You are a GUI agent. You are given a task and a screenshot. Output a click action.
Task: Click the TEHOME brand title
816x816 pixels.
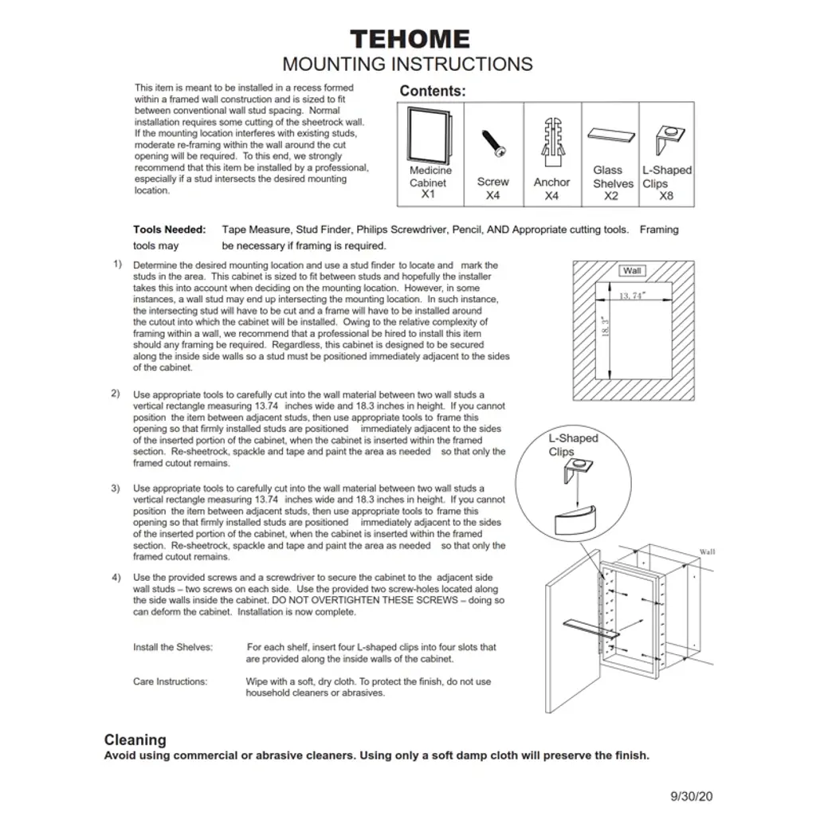tap(410, 39)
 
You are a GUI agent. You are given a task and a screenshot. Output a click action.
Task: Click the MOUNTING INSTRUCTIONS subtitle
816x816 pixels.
tap(407, 64)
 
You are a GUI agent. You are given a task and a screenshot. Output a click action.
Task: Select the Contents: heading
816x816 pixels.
tap(433, 91)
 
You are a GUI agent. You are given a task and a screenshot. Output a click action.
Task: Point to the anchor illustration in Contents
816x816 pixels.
tap(551, 141)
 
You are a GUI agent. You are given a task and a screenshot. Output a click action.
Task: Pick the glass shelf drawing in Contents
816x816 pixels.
tap(612, 134)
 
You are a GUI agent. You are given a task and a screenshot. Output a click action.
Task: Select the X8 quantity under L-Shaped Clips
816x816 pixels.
tap(666, 195)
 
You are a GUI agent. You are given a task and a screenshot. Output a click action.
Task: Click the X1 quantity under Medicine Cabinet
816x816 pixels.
tap(429, 194)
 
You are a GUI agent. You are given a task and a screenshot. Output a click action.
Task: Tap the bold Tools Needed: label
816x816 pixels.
tap(169, 229)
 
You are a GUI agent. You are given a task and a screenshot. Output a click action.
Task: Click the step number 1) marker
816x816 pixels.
tap(117, 264)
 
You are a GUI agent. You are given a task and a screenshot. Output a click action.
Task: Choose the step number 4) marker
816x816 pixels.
tap(116, 576)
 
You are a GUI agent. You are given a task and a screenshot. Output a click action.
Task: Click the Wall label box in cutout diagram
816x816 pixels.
tap(632, 271)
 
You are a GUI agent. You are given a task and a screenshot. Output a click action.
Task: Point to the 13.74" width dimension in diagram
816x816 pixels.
tap(632, 296)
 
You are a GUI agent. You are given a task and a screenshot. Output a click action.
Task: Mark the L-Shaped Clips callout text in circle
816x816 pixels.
tap(572, 445)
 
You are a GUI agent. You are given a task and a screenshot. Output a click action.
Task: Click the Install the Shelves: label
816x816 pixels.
tap(173, 647)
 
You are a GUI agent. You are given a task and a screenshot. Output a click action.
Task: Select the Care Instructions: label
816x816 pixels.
tap(170, 681)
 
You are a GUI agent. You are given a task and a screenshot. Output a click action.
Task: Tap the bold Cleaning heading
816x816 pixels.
tap(135, 739)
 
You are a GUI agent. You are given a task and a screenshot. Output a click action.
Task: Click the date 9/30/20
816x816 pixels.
tap(692, 795)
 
